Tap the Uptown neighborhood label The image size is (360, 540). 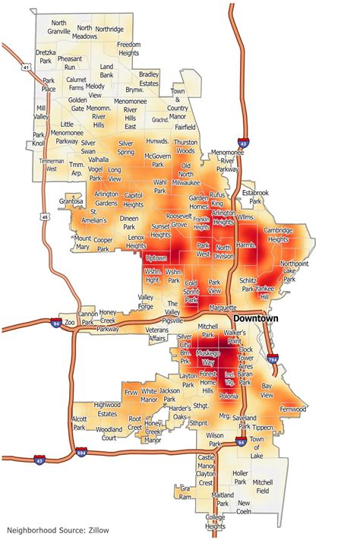coord(156,258)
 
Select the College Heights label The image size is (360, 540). coord(216,523)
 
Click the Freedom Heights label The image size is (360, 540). coord(128,49)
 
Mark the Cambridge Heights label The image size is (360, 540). coord(278,235)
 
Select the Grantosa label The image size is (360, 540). coord(70,201)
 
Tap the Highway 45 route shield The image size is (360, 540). coord(45,218)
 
